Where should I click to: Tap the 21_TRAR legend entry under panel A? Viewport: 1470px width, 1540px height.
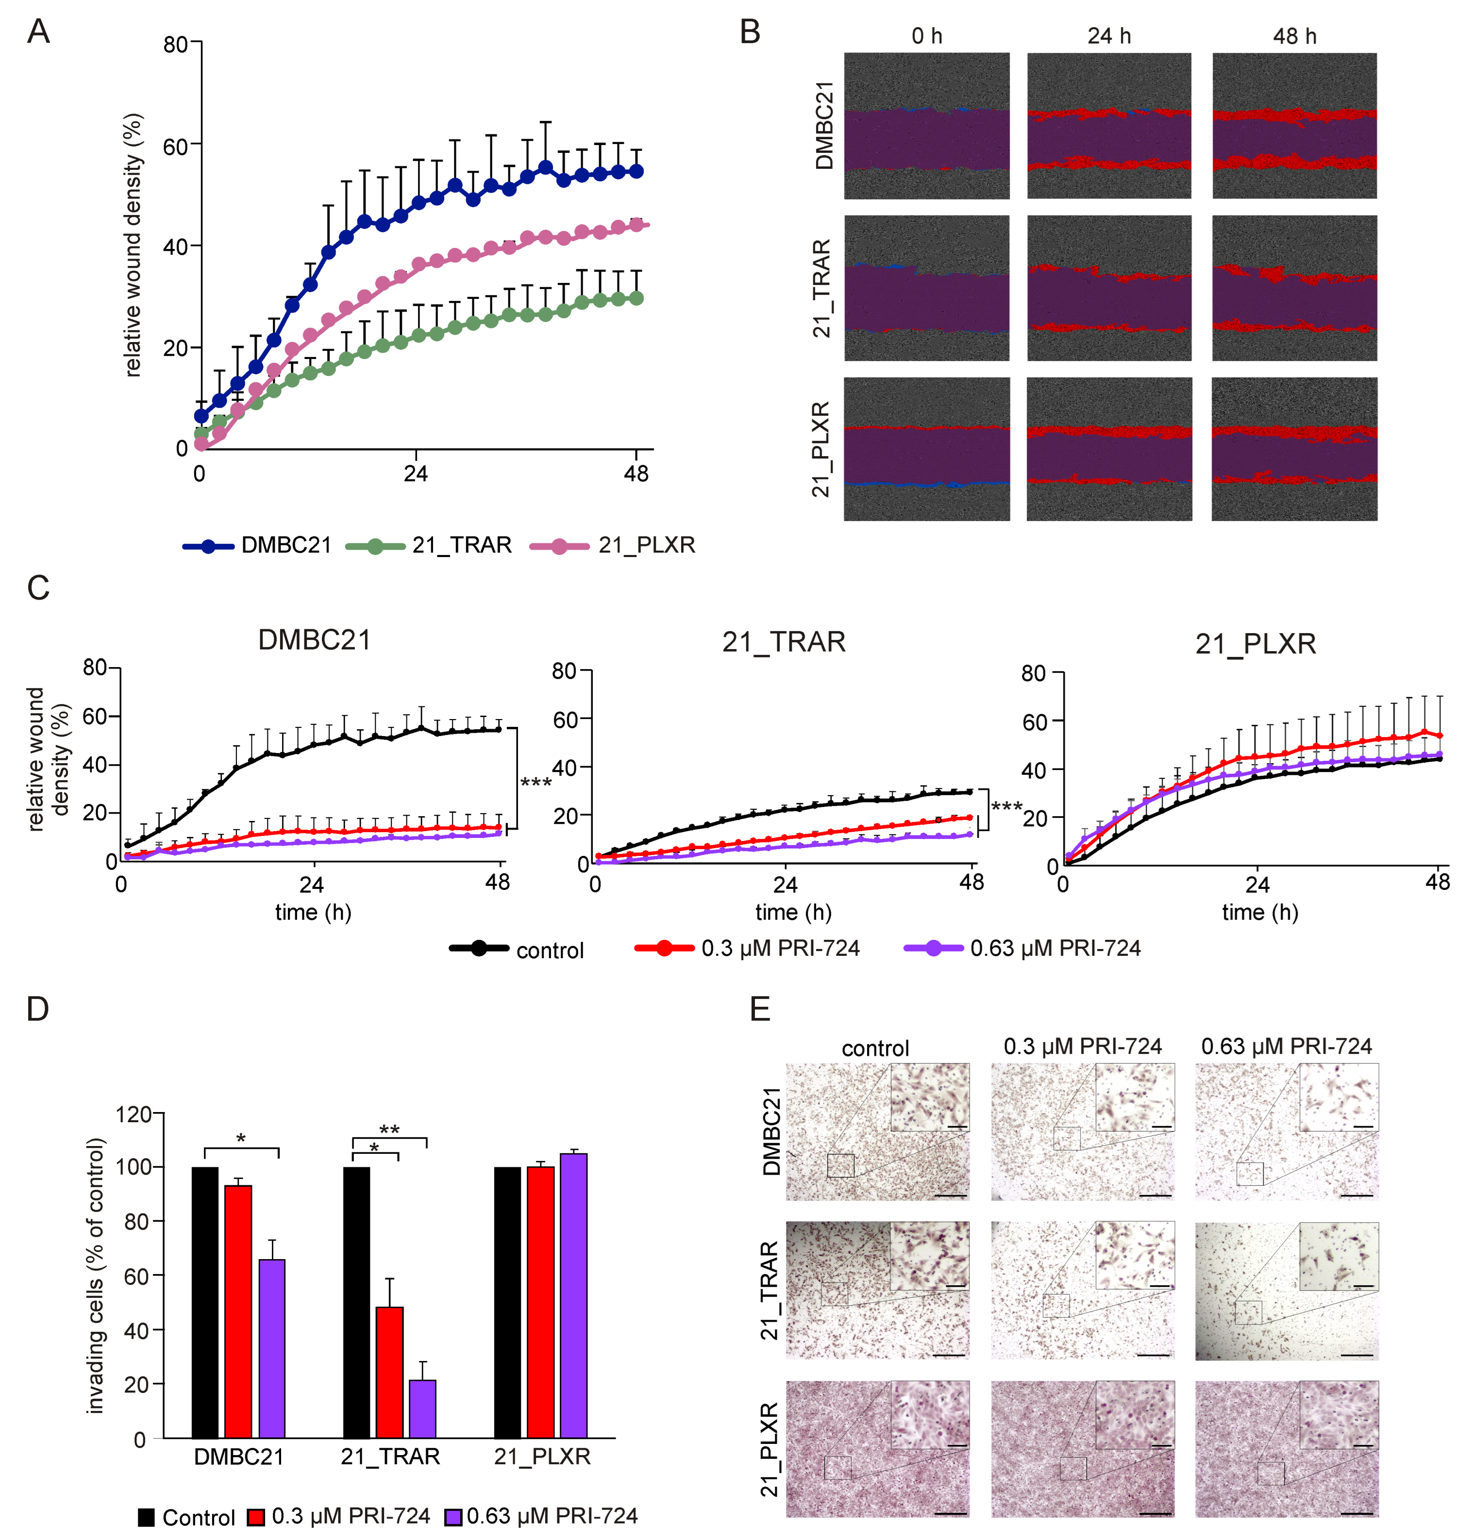461,545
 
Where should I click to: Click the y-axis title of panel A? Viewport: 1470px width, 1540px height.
133,245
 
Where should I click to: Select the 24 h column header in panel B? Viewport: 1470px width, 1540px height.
1109,36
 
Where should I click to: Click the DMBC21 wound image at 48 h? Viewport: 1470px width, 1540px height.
1294,125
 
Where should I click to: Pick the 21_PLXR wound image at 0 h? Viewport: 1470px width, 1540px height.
926,449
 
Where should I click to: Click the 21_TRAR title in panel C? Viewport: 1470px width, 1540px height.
784,642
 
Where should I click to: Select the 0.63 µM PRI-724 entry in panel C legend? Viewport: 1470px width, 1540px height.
1054,949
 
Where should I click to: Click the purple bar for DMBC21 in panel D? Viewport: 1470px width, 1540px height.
272,1348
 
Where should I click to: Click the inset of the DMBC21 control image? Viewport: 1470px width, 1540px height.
929,1097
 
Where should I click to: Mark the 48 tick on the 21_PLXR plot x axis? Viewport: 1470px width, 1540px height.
1437,883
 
